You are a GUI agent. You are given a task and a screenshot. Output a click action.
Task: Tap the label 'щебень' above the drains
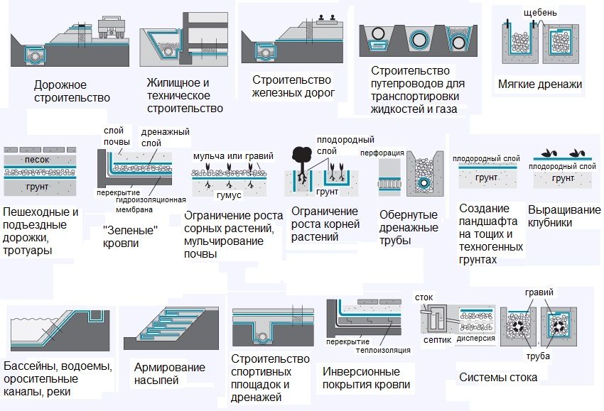pos(544,12)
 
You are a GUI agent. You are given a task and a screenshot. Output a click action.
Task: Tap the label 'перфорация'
pos(382,153)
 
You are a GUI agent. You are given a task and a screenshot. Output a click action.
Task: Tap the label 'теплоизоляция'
pos(384,350)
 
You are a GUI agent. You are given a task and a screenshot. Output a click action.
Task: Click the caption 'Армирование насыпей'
pos(169,373)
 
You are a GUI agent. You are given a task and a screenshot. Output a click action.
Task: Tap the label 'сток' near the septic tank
pos(424,297)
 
